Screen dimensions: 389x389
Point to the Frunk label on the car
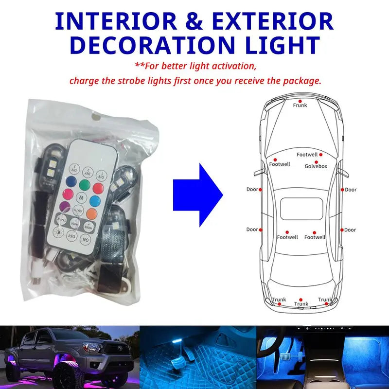300,105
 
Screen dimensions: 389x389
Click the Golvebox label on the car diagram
316,166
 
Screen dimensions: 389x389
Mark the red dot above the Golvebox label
316,161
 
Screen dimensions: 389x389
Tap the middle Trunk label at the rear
301,304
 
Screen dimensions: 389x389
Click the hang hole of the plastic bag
97,117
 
